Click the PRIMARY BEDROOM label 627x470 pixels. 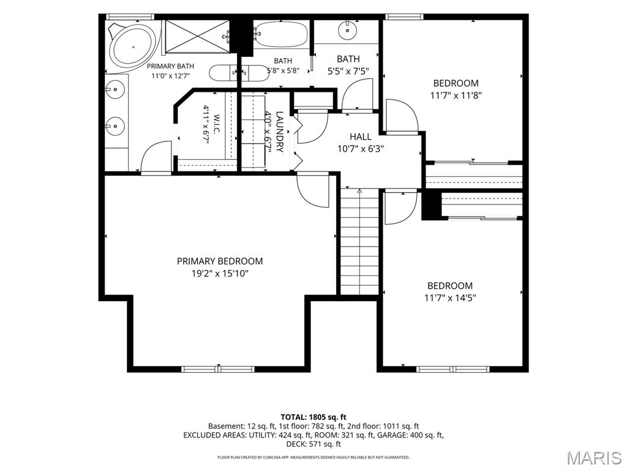click(x=220, y=261)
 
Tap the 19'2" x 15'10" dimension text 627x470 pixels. click(x=220, y=274)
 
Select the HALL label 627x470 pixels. click(x=361, y=136)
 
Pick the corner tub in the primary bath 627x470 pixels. click(x=133, y=46)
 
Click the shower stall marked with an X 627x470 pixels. click(x=198, y=36)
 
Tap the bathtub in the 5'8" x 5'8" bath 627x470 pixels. click(x=281, y=34)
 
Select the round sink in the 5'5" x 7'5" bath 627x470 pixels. click(x=348, y=31)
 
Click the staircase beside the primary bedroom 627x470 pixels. click(x=359, y=241)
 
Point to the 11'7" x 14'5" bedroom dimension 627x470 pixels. click(x=450, y=298)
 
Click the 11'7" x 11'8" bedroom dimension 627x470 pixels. click(x=456, y=95)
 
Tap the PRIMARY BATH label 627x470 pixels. click(x=170, y=66)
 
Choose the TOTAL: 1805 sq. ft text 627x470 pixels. click(x=313, y=417)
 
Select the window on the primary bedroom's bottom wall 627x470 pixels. click(x=218, y=369)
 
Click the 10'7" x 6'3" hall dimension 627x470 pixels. click(x=361, y=149)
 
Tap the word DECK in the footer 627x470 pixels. click(x=296, y=444)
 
